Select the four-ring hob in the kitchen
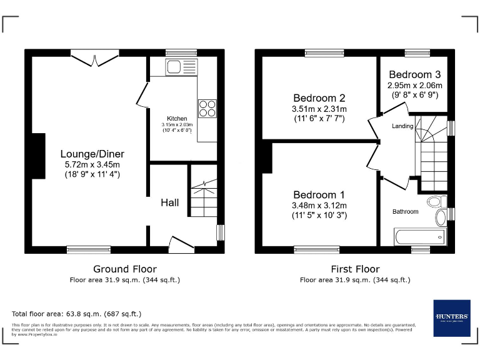pyautogui.click(x=207, y=108)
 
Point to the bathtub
pyautogui.click(x=420, y=237)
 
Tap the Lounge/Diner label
pyautogui.click(x=92, y=154)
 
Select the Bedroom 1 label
pyautogui.click(x=319, y=194)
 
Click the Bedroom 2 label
pyautogui.click(x=319, y=97)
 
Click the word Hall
pyautogui.click(x=169, y=202)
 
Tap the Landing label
pyautogui.click(x=402, y=126)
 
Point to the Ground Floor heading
pyautogui.click(x=124, y=269)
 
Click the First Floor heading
pyautogui.click(x=354, y=269)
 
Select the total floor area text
pyautogui.click(x=76, y=314)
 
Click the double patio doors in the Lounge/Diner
pyautogui.click(x=94, y=57)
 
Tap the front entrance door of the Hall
pyautogui.click(x=181, y=244)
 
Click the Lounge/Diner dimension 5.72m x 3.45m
pyautogui.click(x=92, y=164)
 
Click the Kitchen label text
pyautogui.click(x=177, y=118)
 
